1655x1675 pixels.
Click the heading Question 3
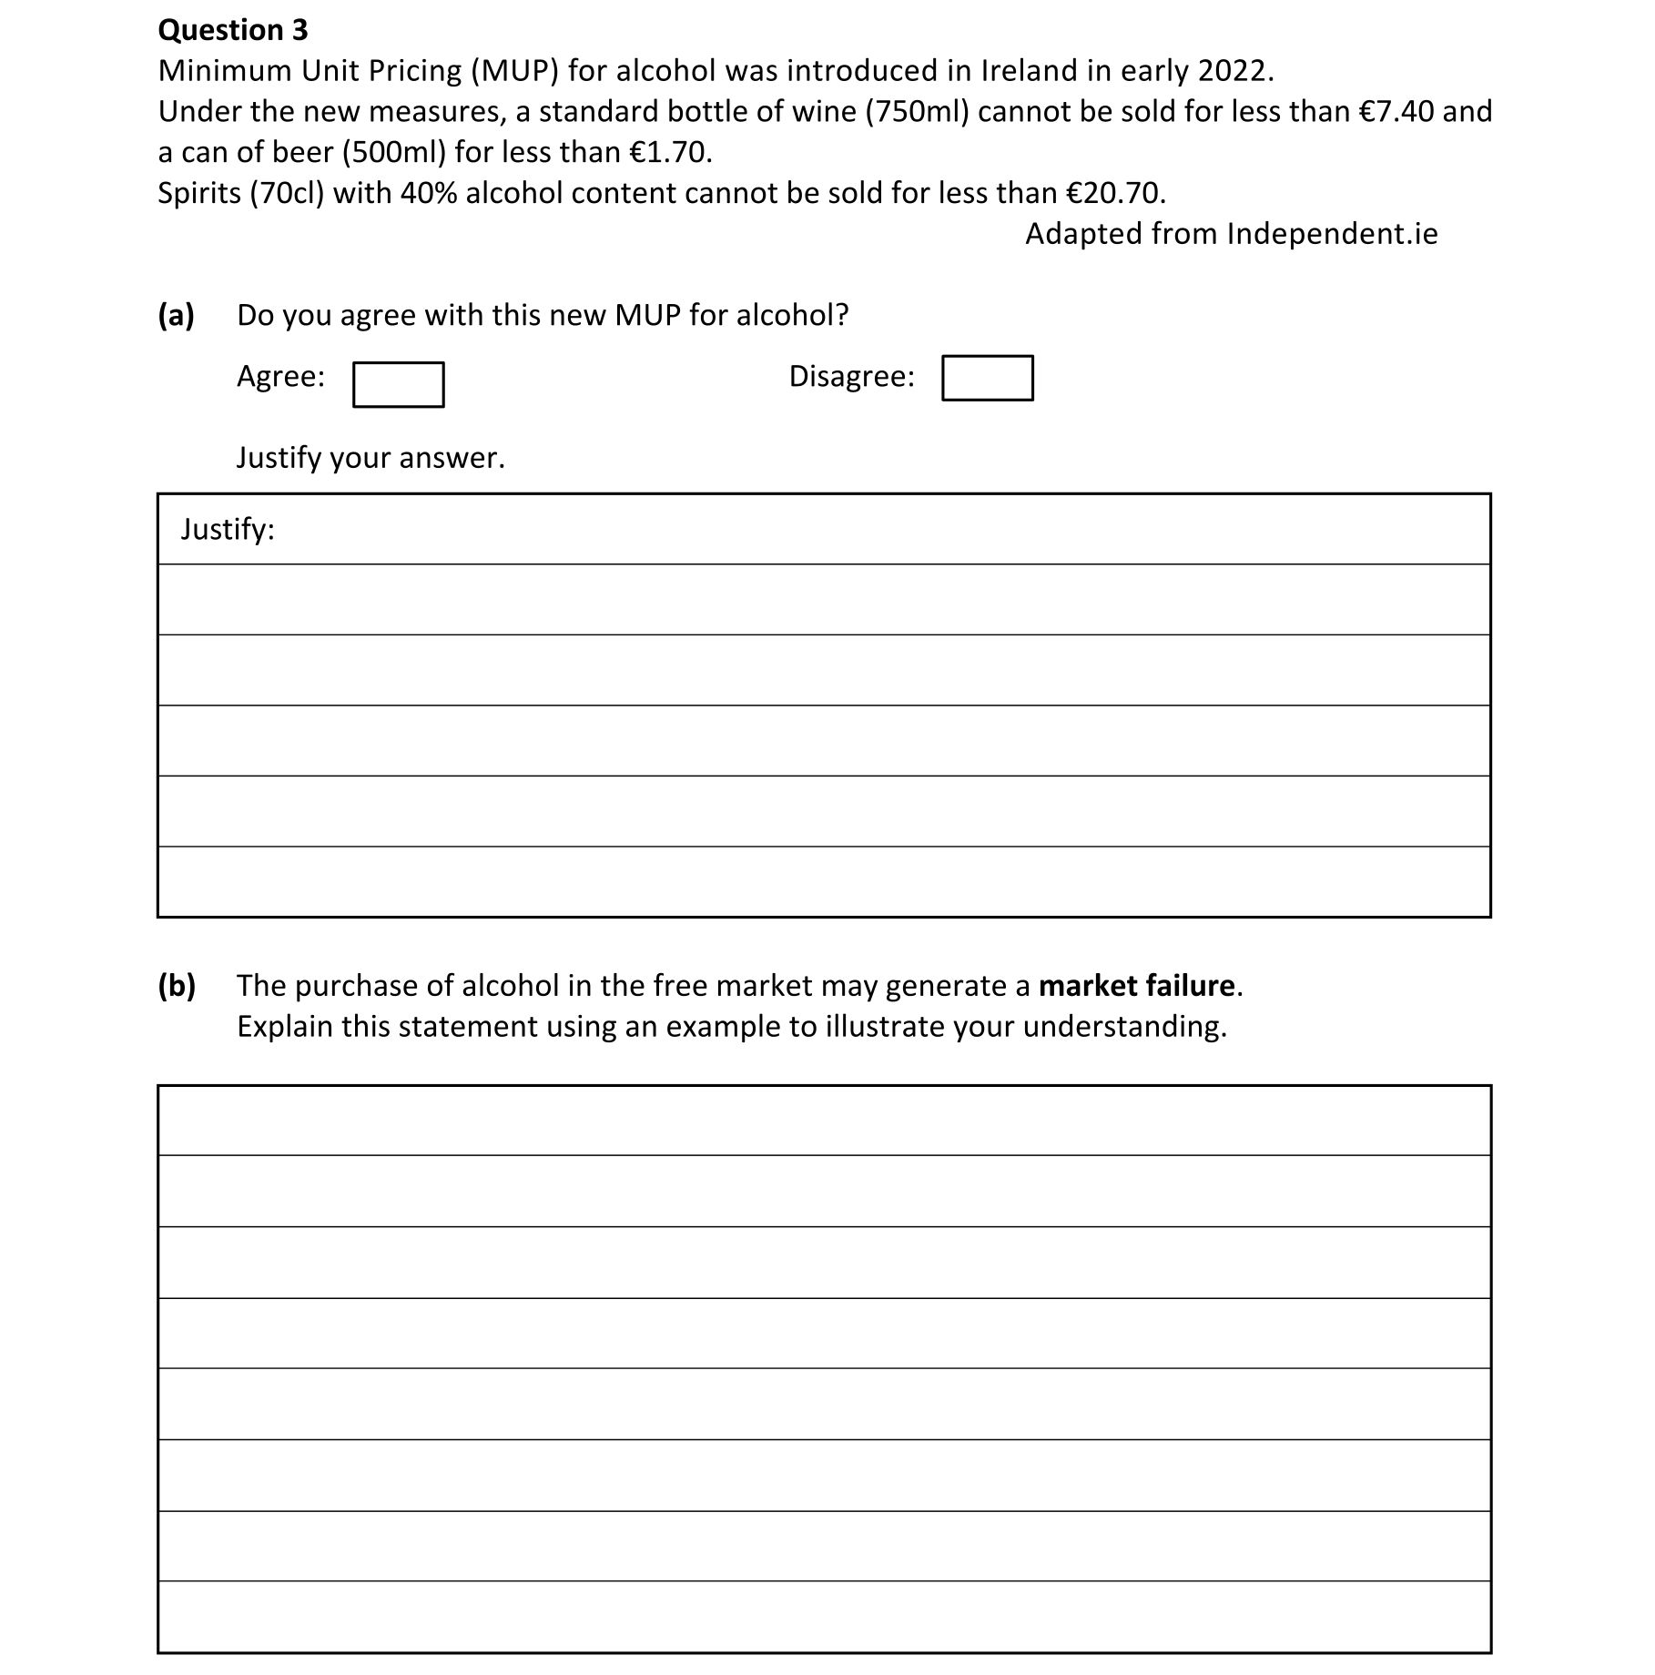(233, 30)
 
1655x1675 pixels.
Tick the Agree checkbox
(399, 385)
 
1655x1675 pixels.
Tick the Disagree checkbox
(987, 378)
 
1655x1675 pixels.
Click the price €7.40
(1396, 111)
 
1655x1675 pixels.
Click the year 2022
(1235, 70)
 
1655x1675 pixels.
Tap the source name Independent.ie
(1332, 234)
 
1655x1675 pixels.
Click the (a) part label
(177, 315)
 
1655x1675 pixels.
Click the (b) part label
(177, 986)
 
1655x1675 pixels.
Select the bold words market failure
(1136, 986)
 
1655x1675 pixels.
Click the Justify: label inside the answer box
(228, 529)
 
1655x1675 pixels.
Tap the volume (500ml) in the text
(393, 152)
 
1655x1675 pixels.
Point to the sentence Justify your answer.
(371, 457)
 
